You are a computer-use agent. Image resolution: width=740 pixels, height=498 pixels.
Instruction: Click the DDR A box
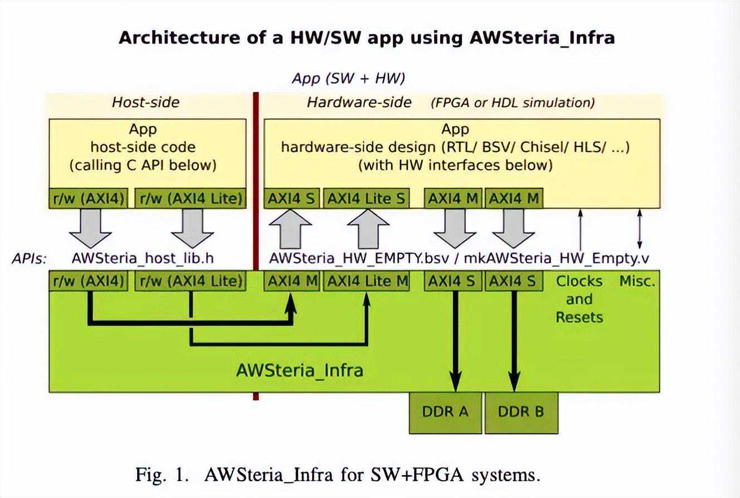pos(445,412)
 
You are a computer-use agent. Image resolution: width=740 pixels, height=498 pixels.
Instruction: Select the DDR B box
pos(521,412)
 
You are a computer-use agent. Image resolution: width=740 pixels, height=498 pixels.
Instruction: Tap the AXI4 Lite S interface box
pos(366,199)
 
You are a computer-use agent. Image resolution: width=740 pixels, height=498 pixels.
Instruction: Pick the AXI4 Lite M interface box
pos(367,281)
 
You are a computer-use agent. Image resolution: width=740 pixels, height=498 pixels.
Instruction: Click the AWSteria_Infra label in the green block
pos(299,370)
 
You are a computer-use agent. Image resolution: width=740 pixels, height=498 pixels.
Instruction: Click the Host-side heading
pos(146,102)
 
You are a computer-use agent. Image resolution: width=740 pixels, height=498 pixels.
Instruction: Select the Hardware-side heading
pos(359,102)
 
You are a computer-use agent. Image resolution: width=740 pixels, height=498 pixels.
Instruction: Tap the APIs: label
pos(29,258)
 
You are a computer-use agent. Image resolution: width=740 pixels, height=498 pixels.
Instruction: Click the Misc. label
pos(637,281)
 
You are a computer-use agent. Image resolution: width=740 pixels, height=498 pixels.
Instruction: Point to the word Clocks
pos(579,281)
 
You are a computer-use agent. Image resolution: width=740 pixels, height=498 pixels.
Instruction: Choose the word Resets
pos(579,317)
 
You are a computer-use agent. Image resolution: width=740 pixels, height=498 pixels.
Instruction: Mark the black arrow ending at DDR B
pos(514,340)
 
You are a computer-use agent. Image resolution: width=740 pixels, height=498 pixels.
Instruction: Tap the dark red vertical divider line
pos(256,245)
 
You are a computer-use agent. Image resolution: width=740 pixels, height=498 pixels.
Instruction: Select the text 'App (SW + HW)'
pos(348,79)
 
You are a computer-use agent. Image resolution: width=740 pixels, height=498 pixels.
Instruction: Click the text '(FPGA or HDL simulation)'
pos(513,102)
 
